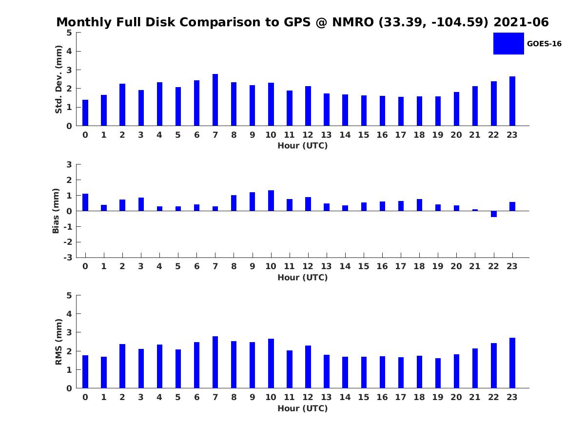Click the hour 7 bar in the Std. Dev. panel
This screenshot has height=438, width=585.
click(215, 100)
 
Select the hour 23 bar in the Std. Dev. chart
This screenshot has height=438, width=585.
click(512, 101)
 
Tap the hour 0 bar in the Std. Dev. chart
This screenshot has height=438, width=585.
click(85, 113)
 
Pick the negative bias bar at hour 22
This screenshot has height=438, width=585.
click(494, 214)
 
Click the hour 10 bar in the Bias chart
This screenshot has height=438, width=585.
click(271, 201)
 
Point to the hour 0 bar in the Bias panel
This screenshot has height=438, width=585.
click(85, 202)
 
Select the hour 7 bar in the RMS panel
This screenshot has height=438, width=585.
click(215, 362)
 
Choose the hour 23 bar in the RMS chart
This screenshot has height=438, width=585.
click(512, 363)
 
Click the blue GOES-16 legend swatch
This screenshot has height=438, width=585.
click(508, 43)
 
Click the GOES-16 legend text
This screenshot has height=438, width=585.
click(544, 44)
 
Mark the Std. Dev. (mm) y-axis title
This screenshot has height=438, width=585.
click(58, 79)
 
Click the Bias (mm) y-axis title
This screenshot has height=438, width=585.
click(56, 211)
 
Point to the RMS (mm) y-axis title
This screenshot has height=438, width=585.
click(58, 342)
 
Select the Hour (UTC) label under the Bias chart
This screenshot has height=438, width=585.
click(302, 277)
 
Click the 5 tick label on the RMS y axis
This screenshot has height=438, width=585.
click(69, 295)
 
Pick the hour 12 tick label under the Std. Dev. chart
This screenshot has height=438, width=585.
click(308, 135)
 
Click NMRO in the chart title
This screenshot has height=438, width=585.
click(352, 22)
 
